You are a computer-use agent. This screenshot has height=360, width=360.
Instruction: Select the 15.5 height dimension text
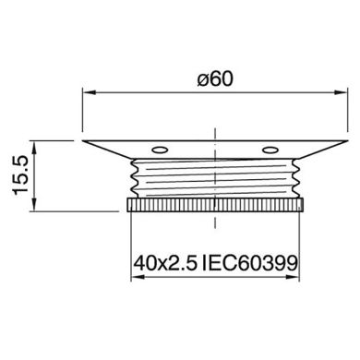point(18,174)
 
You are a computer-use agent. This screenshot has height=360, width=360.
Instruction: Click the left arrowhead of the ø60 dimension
point(89,91)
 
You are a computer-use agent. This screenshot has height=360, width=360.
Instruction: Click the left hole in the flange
point(162,150)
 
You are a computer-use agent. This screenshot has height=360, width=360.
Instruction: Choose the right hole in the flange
point(270,150)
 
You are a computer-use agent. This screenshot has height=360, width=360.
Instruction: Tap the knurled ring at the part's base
point(216,204)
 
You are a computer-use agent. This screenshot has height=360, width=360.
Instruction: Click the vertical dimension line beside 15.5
point(35,175)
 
